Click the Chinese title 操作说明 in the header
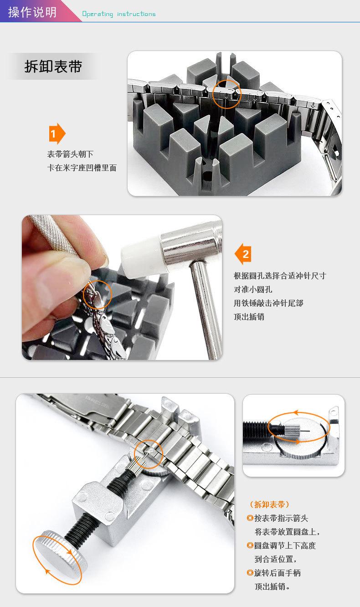pyautogui.click(x=32, y=12)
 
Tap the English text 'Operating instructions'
pyautogui.click(x=119, y=14)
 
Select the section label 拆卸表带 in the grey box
pyautogui.click(x=53, y=67)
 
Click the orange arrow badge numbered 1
pyautogui.click(x=57, y=134)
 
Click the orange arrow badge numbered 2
pyautogui.click(x=243, y=254)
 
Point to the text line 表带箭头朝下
pyautogui.click(x=70, y=154)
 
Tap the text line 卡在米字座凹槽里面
pyautogui.click(x=82, y=168)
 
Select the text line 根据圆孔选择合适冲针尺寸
pyautogui.click(x=280, y=276)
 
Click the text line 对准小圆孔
pyautogui.click(x=253, y=289)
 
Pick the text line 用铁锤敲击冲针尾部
pyautogui.click(x=268, y=303)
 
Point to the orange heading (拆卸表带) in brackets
pyautogui.click(x=269, y=504)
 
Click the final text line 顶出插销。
pyautogui.click(x=272, y=586)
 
